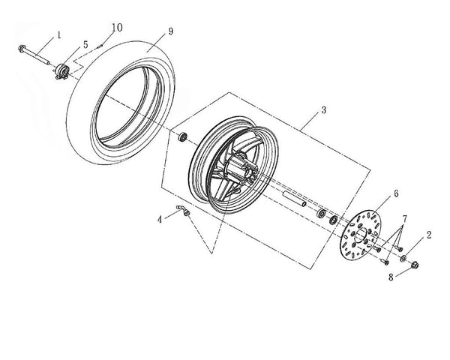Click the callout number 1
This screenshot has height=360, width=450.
tap(59, 35)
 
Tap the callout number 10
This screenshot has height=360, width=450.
tap(117, 28)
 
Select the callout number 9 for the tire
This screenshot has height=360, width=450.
tap(171, 31)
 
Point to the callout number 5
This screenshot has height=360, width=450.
tap(85, 44)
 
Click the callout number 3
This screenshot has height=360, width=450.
tap(324, 110)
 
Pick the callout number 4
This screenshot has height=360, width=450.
tap(160, 220)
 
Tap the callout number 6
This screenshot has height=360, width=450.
tap(396, 193)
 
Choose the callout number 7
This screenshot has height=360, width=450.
tap(405, 219)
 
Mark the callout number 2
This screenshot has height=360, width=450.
tap(429, 235)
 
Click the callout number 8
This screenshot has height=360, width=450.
tap(391, 277)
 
